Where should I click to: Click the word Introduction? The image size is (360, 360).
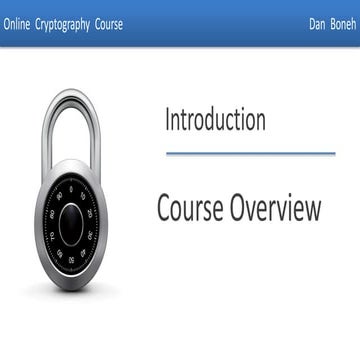pyautogui.click(x=215, y=120)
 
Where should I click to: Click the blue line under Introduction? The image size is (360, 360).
pyautogui.click(x=250, y=153)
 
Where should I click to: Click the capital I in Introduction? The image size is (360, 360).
pyautogui.click(x=168, y=120)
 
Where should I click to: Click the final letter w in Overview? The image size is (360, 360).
pyautogui.click(x=312, y=210)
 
